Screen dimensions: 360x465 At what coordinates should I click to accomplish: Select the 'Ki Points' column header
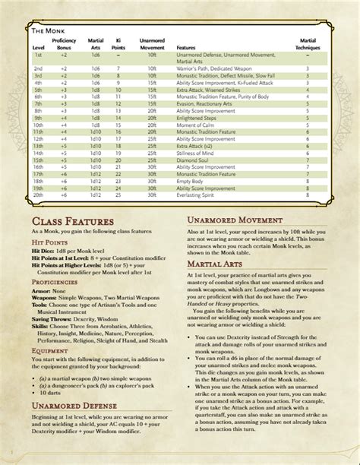pos(119,43)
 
